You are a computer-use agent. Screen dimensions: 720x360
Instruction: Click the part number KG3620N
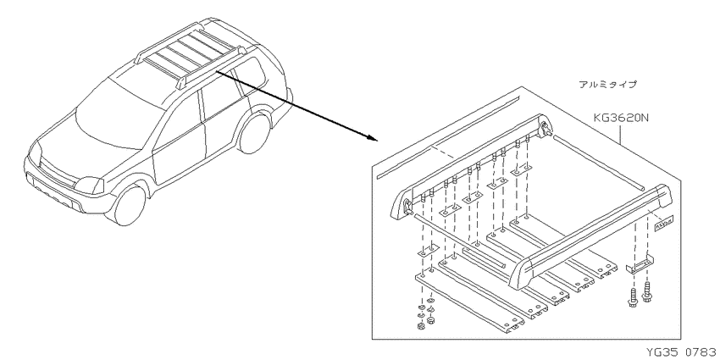tap(620, 119)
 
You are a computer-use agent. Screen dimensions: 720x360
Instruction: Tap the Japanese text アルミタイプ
tap(607, 85)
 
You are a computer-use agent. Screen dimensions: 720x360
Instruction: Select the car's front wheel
tap(130, 205)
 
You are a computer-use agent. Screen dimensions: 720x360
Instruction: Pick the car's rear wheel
tap(255, 133)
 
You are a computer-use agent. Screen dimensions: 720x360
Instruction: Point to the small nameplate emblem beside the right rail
tap(663, 225)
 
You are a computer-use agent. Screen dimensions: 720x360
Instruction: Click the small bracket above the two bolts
tap(640, 265)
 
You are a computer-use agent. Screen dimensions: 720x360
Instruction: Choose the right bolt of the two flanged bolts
tap(646, 293)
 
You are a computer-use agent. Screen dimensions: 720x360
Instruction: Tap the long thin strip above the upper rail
tap(448, 137)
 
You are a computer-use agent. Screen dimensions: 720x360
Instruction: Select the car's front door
tap(177, 140)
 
